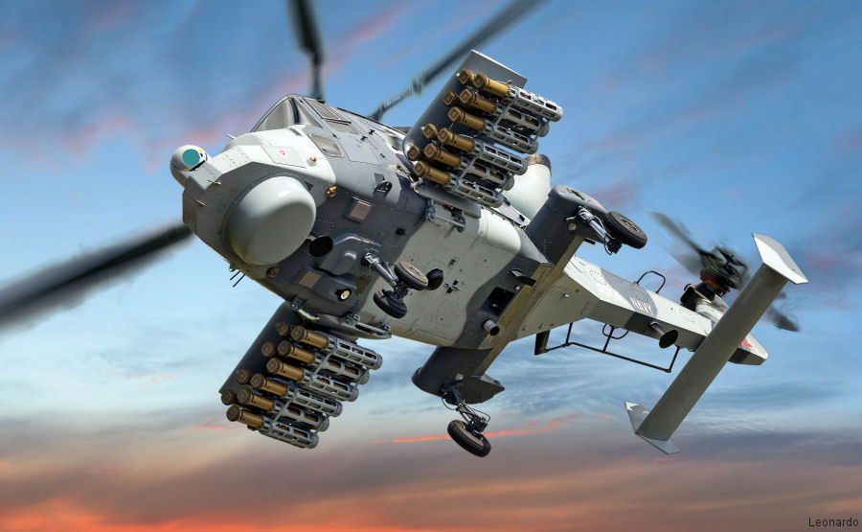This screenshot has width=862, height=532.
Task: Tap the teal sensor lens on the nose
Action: point(192,158)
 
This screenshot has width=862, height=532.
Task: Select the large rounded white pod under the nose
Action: point(271,220)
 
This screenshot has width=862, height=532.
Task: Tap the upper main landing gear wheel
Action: point(624,229)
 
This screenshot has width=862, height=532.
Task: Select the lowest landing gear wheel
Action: point(468,437)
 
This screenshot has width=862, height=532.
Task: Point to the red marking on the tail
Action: point(745,343)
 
